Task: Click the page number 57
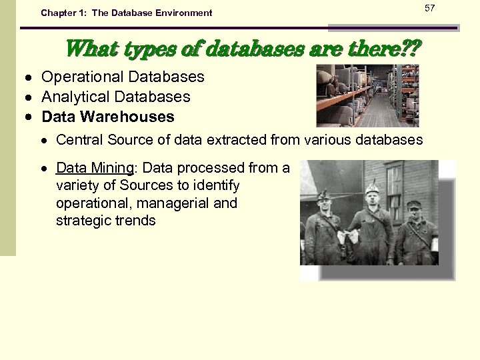pyautogui.click(x=429, y=7)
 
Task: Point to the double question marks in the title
pyautogui.click(x=411, y=48)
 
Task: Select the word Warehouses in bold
pyautogui.click(x=133, y=117)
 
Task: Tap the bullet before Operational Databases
pyautogui.click(x=31, y=78)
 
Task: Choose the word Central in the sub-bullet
pyautogui.click(x=79, y=140)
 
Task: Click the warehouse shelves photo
pyautogui.click(x=367, y=95)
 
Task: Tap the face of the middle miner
pyautogui.click(x=371, y=198)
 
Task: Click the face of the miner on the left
pyautogui.click(x=325, y=203)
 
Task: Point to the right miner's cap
pyautogui.click(x=414, y=204)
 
